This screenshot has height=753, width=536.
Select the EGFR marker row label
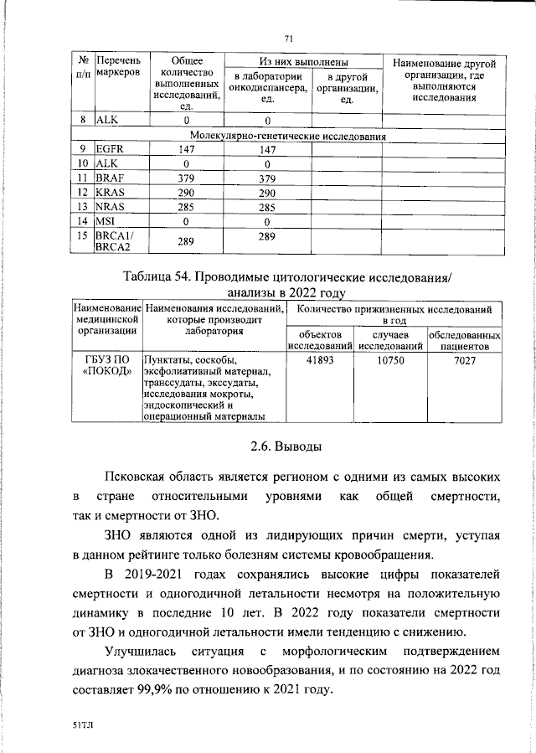pos(111,149)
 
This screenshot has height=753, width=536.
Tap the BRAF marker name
pos(111,178)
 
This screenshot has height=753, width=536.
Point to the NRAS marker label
pos(112,207)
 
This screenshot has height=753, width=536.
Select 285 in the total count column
pos(186,207)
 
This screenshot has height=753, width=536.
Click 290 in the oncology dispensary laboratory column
pos(267,193)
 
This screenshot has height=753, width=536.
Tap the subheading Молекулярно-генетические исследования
pos(288,135)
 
